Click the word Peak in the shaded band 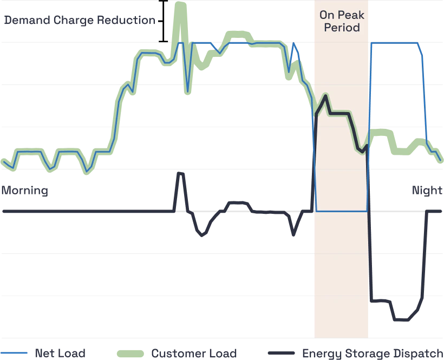pyautogui.click(x=350, y=15)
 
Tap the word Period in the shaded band pyautogui.click(x=342, y=27)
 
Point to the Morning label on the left pyautogui.click(x=24, y=191)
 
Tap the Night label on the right pyautogui.click(x=428, y=190)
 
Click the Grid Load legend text pyautogui.click(x=60, y=354)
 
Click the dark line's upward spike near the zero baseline pyautogui.click(x=181, y=172)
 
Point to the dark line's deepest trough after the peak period pyautogui.click(x=401, y=322)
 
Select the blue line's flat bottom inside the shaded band pyautogui.click(x=341, y=211)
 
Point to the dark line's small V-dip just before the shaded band pyautogui.click(x=294, y=234)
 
